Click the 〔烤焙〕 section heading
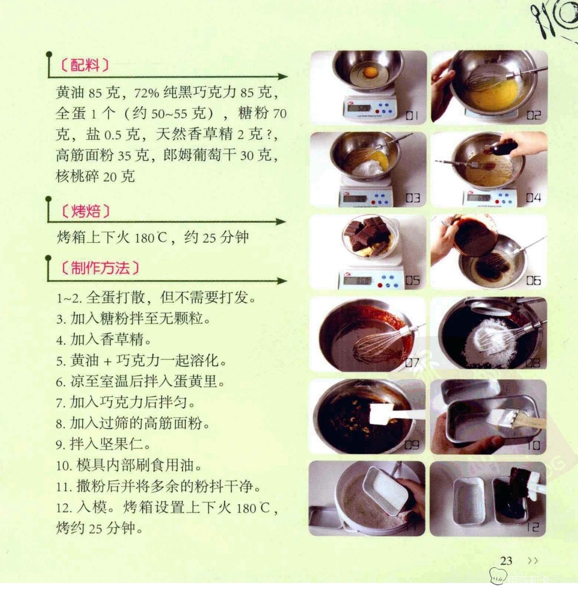pyautogui.click(x=85, y=211)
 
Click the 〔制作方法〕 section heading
pyautogui.click(x=99, y=268)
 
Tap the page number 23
pyautogui.click(x=506, y=561)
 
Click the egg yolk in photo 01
pyautogui.click(x=370, y=72)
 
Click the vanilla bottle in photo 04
pyautogui.click(x=502, y=147)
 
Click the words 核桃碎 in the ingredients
pyautogui.click(x=78, y=176)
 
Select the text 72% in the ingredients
pyautogui.click(x=147, y=93)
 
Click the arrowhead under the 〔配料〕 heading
pyautogui.click(x=283, y=76)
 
